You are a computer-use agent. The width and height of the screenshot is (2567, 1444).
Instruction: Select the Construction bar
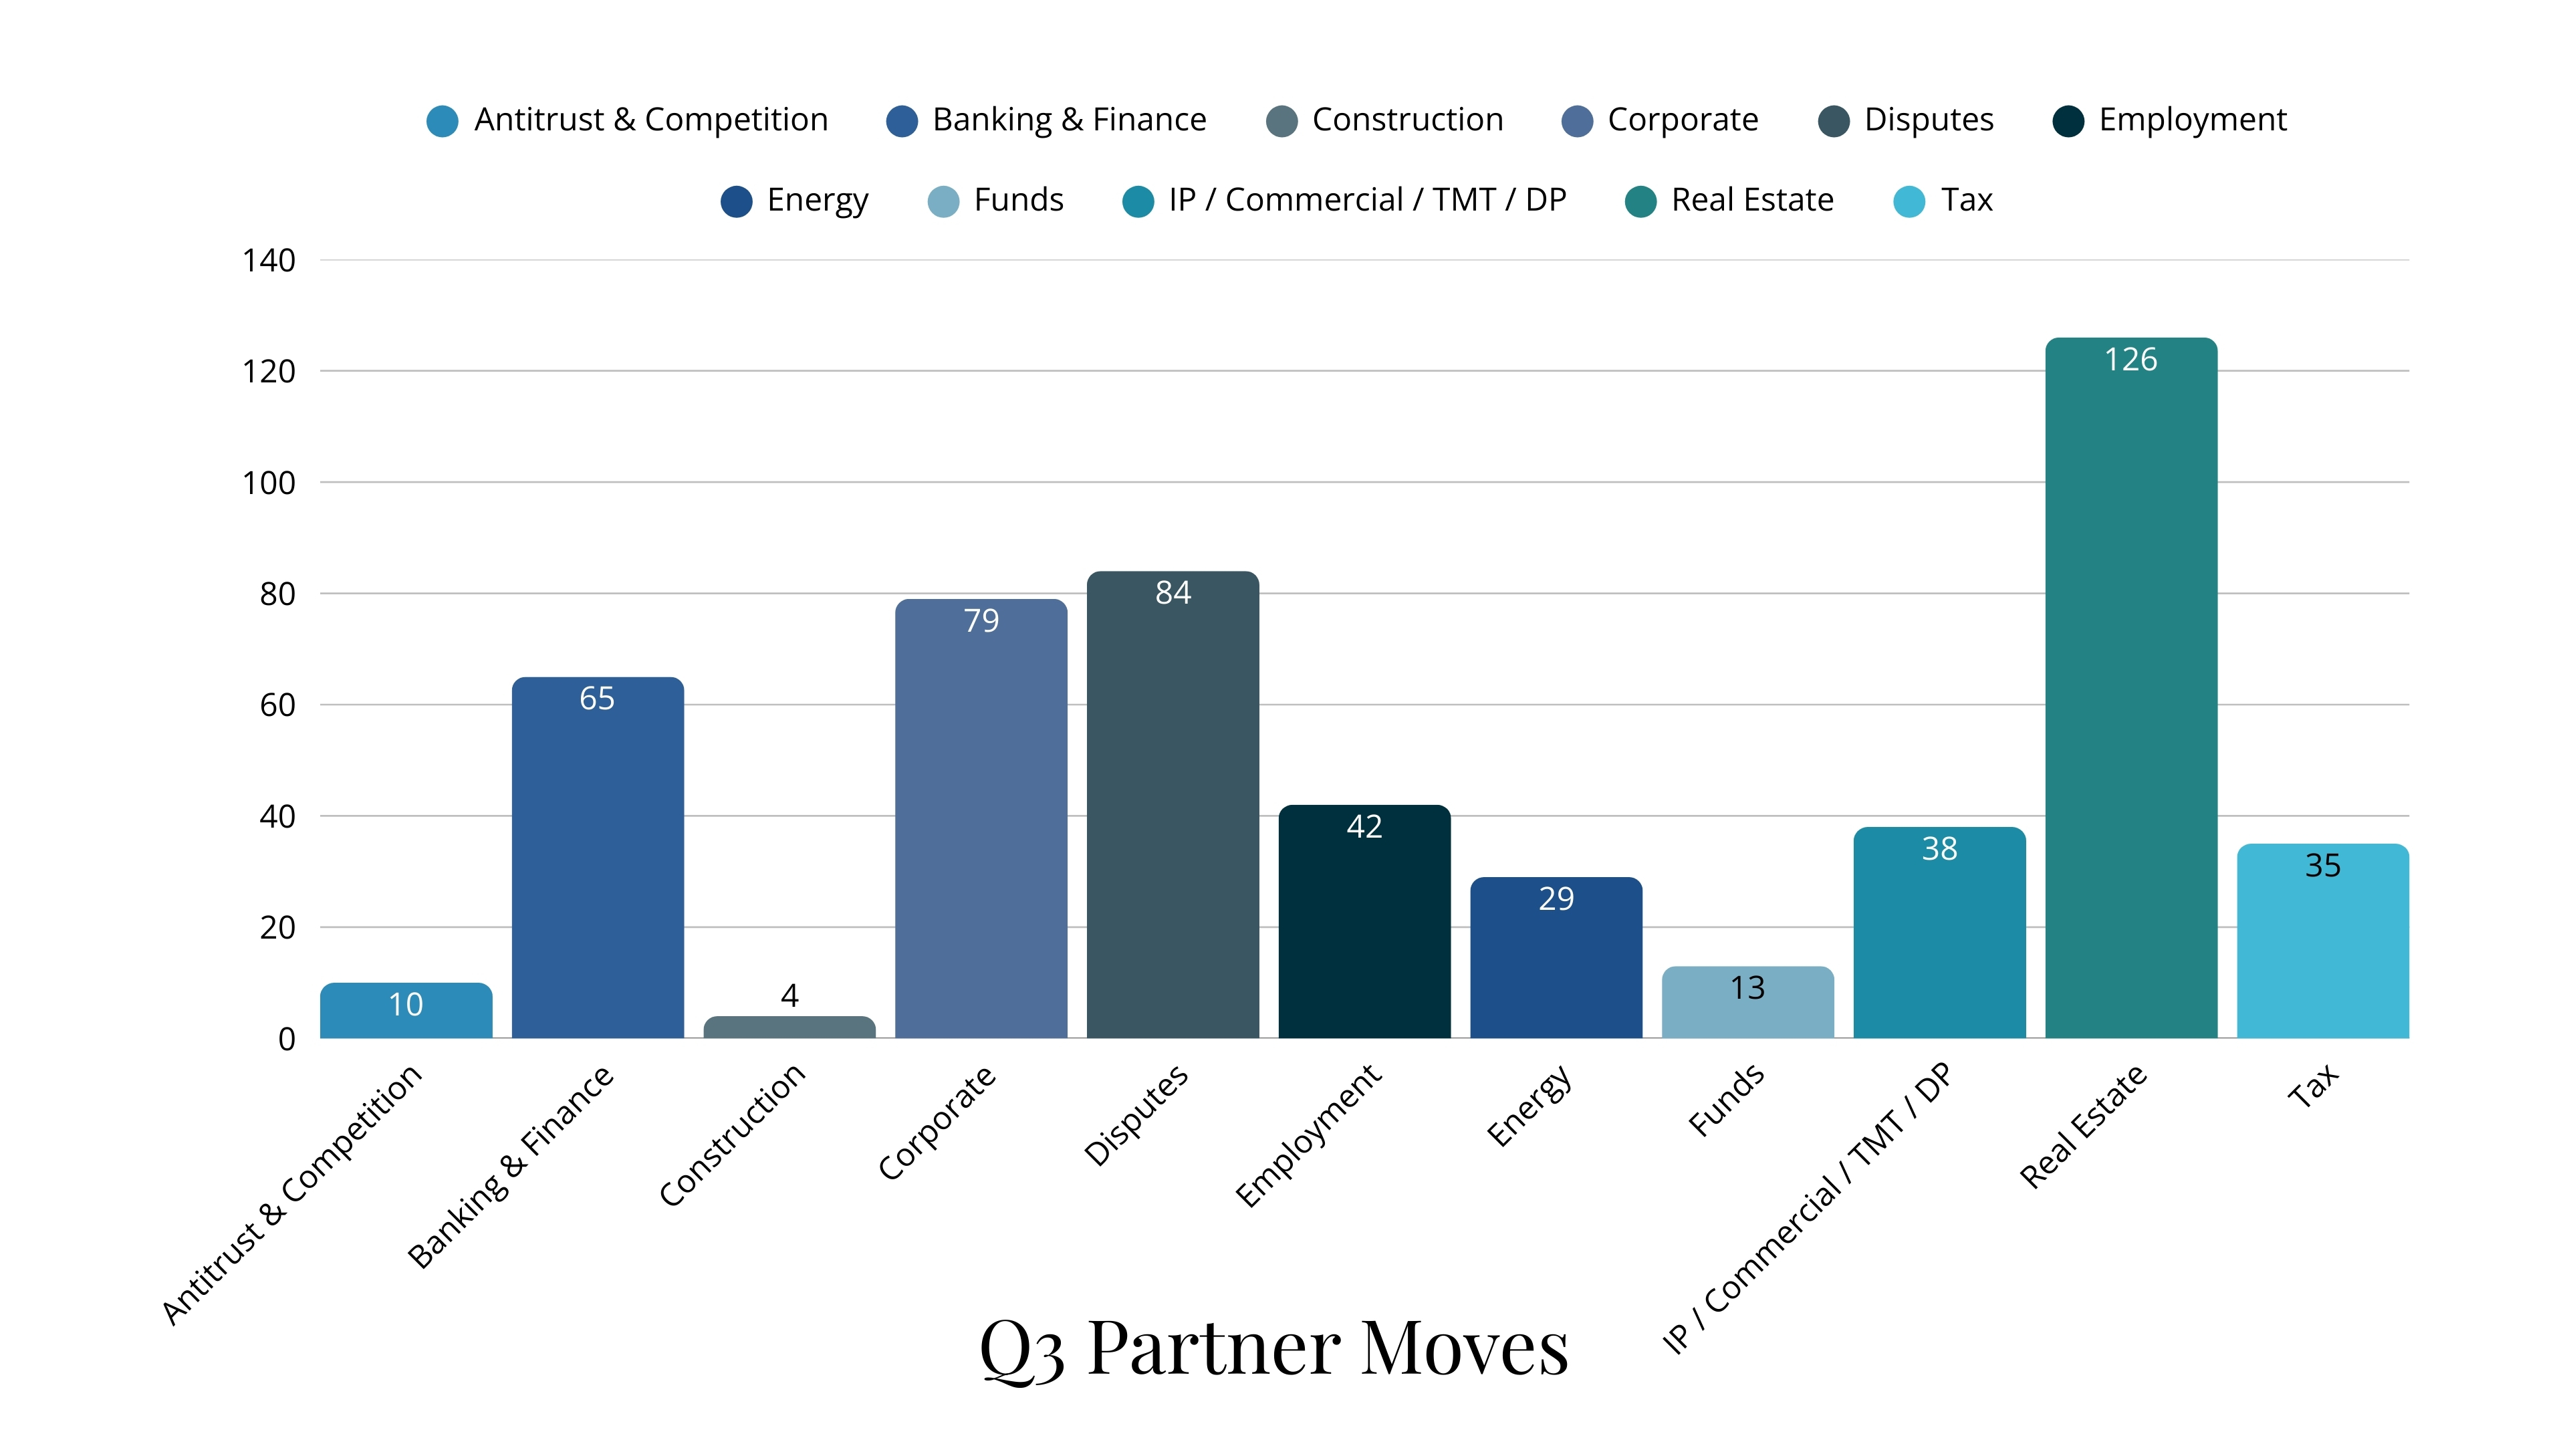click(789, 1028)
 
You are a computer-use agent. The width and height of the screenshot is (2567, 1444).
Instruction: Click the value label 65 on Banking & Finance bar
click(597, 699)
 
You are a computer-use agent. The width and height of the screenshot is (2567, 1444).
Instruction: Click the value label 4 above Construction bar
click(789, 995)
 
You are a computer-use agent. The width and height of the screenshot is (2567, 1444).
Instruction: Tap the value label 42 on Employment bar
click(1364, 827)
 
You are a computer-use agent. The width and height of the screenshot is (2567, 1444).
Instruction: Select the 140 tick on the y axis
click(269, 261)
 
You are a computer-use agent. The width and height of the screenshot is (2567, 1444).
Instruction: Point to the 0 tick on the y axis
click(287, 1040)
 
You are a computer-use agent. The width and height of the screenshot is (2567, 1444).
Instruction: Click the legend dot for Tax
click(1909, 201)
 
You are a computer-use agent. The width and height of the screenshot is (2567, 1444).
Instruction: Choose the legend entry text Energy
click(817, 201)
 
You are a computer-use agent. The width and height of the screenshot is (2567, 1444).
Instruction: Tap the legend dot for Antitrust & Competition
click(443, 120)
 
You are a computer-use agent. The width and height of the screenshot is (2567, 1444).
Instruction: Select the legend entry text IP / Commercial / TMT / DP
click(1367, 201)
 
